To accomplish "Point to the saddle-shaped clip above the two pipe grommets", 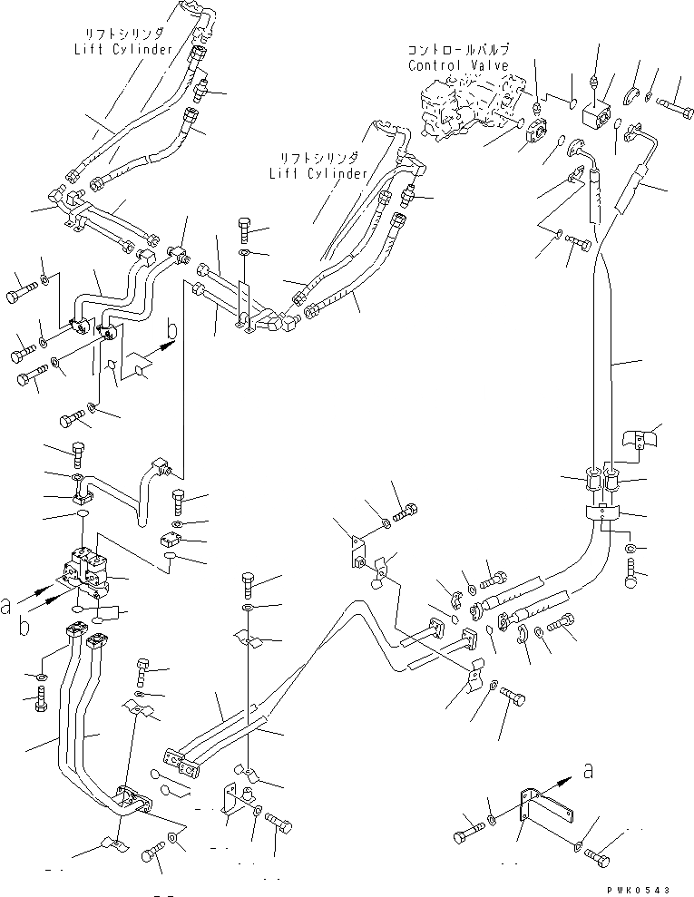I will click(x=640, y=441).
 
